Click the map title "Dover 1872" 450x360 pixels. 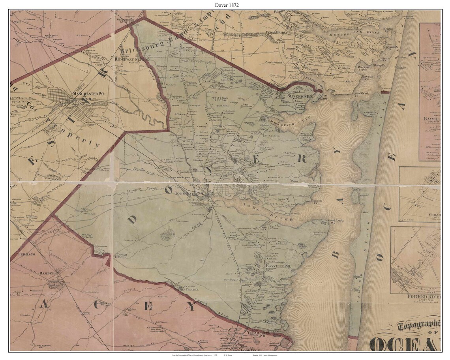pyautogui.click(x=225, y=5)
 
